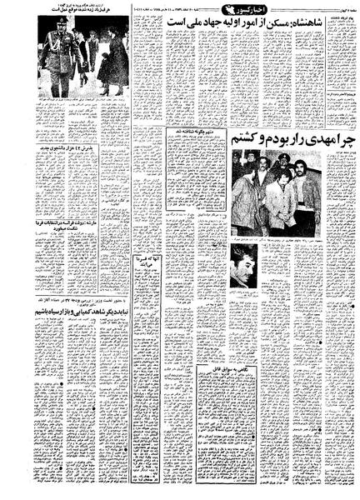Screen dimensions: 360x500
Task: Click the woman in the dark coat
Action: tap(115, 62)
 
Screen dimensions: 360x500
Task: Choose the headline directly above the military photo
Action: tap(83, 11)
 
